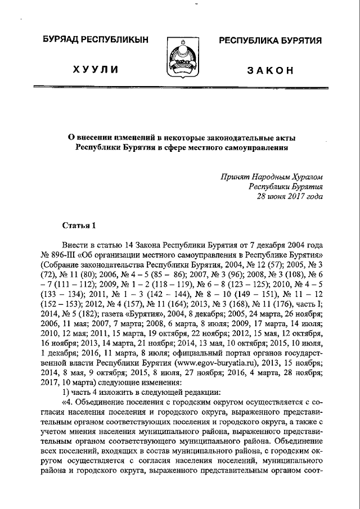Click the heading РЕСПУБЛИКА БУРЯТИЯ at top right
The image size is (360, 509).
pyautogui.click(x=270, y=41)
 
